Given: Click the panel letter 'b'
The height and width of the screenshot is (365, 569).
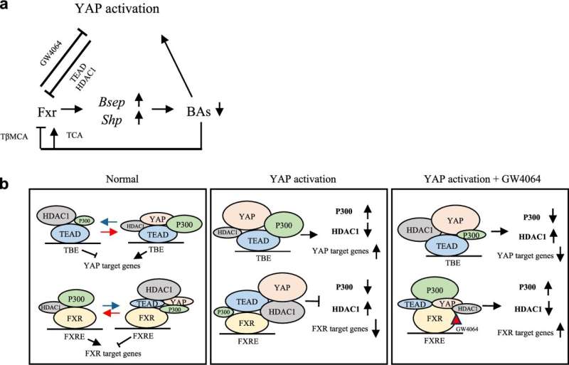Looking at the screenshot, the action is point(4,184).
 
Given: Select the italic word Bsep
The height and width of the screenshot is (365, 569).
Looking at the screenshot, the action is point(112,103).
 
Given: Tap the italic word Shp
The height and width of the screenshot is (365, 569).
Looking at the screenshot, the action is point(112,120).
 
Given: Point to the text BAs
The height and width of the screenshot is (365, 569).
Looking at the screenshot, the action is point(198,112).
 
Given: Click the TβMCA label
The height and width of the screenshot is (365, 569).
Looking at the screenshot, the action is point(14,137).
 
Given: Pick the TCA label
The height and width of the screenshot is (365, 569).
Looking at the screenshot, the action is point(75,135).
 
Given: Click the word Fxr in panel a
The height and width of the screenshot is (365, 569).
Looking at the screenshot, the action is point(47,112).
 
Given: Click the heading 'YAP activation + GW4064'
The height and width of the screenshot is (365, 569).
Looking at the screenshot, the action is point(482,179).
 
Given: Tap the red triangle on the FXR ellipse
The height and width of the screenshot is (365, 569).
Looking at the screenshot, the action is point(456,319).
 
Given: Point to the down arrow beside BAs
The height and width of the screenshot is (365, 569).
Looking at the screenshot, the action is point(218,112).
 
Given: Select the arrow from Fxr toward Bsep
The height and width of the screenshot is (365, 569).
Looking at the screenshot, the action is point(73,109).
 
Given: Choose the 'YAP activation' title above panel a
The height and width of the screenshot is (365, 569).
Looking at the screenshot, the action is point(117,9).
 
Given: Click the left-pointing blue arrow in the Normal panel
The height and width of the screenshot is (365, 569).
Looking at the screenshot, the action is point(109,221).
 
